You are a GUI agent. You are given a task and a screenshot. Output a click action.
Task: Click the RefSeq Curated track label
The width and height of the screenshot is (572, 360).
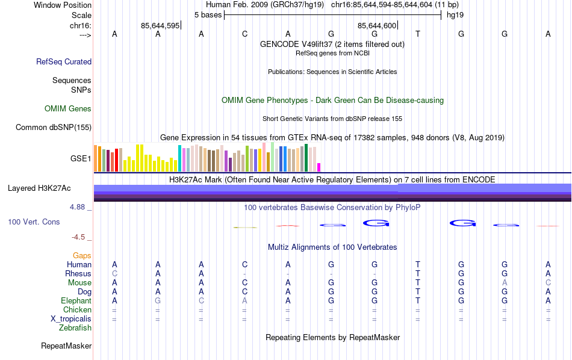point(64,61)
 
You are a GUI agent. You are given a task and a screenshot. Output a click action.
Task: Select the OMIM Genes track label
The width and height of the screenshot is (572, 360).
point(68,109)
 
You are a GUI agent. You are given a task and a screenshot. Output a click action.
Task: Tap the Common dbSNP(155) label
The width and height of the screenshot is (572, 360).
point(54,127)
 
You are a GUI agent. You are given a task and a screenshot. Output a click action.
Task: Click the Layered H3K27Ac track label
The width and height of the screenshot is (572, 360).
point(39,188)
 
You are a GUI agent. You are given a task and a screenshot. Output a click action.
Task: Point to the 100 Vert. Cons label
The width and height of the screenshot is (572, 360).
point(34,222)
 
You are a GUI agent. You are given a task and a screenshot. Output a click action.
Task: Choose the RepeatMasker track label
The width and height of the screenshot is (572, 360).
point(66,346)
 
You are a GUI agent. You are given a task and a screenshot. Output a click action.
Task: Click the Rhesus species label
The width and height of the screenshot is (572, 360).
point(78,274)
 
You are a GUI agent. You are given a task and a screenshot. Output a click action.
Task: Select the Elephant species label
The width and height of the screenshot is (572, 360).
point(76,301)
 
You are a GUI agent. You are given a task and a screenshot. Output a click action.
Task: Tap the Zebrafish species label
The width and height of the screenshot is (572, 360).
point(75,328)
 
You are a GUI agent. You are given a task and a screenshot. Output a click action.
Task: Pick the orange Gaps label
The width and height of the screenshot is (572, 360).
point(82,256)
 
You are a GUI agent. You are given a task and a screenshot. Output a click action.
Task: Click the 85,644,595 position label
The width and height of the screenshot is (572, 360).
point(160,26)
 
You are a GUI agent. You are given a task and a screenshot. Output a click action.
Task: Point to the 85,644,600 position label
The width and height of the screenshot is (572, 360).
point(377,26)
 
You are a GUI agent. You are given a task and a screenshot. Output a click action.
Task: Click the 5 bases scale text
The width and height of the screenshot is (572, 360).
point(208,14)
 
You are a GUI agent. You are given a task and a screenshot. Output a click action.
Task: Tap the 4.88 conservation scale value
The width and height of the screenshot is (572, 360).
point(79,207)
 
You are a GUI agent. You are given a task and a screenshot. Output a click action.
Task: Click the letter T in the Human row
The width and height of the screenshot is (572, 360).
point(418,265)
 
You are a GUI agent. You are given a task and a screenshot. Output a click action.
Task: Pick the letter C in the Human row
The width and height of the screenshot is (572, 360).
point(244,265)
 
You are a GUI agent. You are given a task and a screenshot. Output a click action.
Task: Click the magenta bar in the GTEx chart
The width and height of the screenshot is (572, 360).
point(319,167)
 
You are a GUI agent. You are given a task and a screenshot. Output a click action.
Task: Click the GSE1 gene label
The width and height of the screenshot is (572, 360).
point(81,159)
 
